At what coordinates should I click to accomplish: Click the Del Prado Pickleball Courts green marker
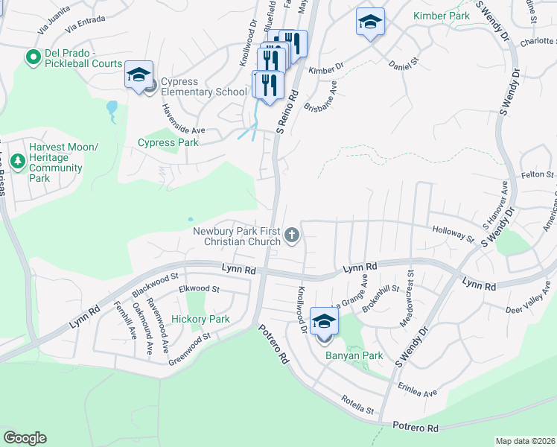click(33, 57)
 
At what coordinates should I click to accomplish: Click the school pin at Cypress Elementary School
click(139, 75)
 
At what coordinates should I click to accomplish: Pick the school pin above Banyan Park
click(324, 323)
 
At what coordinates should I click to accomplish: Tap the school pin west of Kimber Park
click(369, 22)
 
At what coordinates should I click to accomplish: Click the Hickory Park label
click(200, 319)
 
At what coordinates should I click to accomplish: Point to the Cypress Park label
click(168, 142)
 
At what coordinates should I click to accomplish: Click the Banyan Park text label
click(354, 355)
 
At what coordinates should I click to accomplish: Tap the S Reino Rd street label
click(288, 112)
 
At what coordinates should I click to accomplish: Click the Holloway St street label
click(453, 233)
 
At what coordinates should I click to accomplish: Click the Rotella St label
click(357, 405)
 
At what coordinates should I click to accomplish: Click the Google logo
click(25, 438)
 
